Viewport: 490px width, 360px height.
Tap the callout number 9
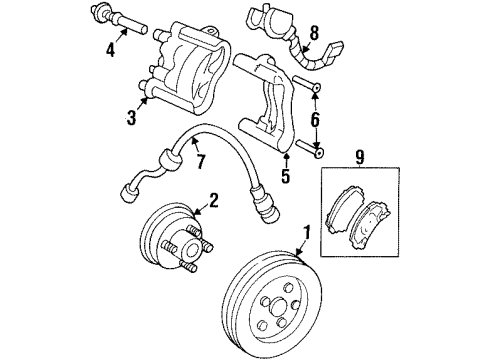363,156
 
